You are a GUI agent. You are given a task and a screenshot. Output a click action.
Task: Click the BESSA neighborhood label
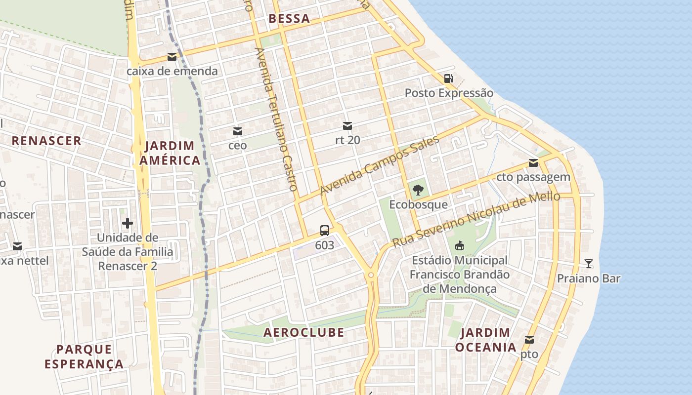click(x=289, y=19)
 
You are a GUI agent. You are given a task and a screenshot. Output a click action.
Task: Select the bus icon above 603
click(x=324, y=230)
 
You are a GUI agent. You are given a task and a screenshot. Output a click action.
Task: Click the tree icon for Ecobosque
click(x=418, y=190)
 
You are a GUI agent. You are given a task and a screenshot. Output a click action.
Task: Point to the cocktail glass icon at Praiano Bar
click(x=588, y=263)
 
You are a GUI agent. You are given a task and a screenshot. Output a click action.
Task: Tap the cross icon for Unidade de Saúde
click(x=128, y=223)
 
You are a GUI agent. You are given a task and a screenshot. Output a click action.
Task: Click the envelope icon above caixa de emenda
click(x=172, y=57)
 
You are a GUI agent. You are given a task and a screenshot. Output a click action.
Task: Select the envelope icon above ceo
click(x=238, y=131)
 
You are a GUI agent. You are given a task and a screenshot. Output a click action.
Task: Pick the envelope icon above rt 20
click(x=347, y=126)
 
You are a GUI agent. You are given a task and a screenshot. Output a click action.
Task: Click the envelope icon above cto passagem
click(x=533, y=163)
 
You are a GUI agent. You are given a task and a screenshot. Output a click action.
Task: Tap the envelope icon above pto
click(x=529, y=340)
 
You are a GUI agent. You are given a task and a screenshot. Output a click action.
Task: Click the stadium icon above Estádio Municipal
click(x=460, y=245)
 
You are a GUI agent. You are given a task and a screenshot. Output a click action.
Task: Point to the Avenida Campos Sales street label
click(x=379, y=165)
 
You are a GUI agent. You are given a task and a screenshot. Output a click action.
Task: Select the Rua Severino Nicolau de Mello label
click(x=476, y=219)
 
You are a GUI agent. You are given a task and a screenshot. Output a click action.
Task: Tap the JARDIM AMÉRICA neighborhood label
click(x=170, y=153)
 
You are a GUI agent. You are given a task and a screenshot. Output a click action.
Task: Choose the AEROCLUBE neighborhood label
click(x=303, y=332)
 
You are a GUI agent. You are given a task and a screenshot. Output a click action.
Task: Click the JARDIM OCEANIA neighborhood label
click(x=485, y=340)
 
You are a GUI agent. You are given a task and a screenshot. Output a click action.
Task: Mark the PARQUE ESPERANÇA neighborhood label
click(x=84, y=357)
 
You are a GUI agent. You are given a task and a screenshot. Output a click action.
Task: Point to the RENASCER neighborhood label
click(x=46, y=141)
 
